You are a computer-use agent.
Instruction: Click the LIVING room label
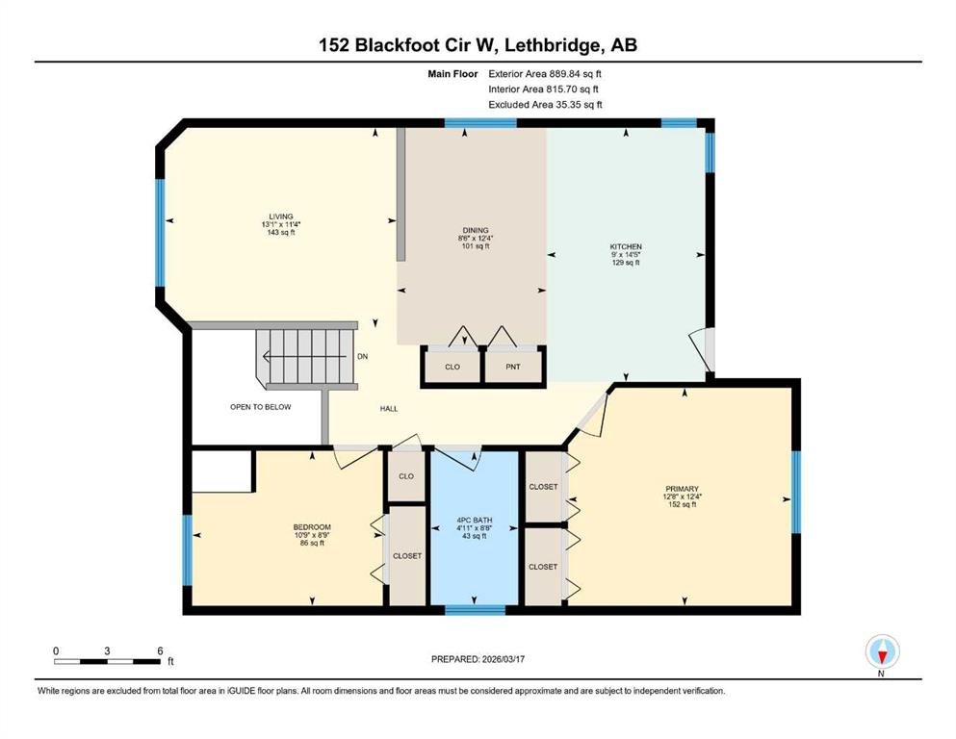[281, 217]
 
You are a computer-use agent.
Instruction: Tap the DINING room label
[475, 231]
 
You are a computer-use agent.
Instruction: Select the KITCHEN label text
[625, 247]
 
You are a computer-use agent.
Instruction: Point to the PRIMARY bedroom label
[687, 488]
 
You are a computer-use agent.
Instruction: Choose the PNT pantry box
[514, 367]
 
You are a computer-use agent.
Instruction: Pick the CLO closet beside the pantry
[452, 367]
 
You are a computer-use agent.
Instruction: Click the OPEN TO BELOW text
[260, 407]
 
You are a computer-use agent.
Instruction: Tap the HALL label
[388, 408]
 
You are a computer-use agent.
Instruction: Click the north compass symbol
[882, 652]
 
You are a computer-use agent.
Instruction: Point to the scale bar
[107, 661]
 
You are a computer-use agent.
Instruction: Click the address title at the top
[478, 44]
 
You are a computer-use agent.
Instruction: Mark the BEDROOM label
[312, 527]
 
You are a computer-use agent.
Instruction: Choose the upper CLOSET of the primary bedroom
[543, 487]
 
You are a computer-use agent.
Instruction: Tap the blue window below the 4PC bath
[475, 609]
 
